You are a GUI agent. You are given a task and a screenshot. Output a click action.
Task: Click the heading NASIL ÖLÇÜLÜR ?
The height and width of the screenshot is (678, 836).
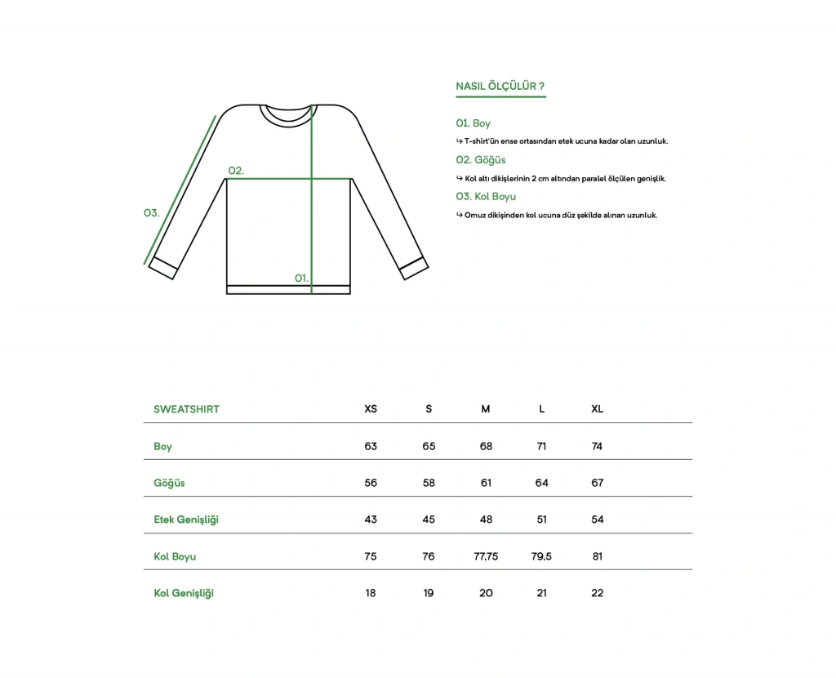coord(500,86)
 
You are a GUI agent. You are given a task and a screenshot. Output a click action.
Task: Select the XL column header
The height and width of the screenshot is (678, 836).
coord(597,408)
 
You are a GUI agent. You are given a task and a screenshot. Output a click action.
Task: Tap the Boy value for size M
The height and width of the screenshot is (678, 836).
coord(486,446)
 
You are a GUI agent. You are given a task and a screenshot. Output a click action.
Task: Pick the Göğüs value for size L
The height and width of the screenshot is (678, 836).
coord(541,483)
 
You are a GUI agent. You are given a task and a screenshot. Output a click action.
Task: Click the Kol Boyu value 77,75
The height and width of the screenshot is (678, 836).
coord(486,556)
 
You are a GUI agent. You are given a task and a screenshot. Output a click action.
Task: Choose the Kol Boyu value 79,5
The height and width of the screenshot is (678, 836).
coord(541,556)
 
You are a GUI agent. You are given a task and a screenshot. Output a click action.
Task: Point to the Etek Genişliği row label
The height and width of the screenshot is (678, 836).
coord(186,520)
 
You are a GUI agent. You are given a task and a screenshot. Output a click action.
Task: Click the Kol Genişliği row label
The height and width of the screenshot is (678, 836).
coord(184,593)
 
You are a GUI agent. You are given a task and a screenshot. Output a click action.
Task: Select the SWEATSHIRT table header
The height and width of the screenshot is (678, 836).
coord(186,408)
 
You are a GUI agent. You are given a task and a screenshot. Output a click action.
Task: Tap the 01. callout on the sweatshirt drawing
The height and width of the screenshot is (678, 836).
coord(301,278)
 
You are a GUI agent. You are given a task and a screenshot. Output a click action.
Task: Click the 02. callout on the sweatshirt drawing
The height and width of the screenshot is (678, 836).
coord(236,171)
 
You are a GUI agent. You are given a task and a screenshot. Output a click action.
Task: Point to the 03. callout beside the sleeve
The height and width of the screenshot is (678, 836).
coord(151,212)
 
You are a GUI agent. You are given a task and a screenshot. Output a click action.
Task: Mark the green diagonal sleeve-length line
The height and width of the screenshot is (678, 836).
coord(180,190)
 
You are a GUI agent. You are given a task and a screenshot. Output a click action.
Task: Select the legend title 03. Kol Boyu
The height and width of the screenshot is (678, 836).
coord(486,196)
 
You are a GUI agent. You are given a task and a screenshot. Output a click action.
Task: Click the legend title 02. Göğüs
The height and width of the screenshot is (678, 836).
coord(481,160)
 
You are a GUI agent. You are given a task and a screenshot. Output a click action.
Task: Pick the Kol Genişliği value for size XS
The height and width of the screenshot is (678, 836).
coord(371,593)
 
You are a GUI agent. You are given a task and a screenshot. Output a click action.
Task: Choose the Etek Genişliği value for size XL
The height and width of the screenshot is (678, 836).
coord(597,520)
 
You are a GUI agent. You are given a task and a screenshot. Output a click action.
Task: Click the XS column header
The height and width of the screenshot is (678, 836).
coord(371,408)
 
